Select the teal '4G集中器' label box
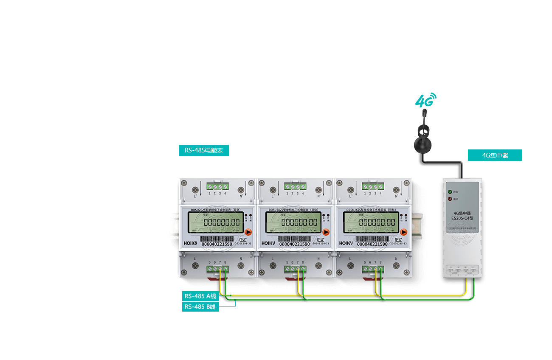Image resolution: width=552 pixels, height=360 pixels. coord(495,155)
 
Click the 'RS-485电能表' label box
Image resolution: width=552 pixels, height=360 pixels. coord(204,150)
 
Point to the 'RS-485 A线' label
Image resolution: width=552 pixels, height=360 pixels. coord(200,296)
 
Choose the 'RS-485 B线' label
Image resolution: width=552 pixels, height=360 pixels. coord(200,307)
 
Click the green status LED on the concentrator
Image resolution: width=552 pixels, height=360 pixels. coord(450,191)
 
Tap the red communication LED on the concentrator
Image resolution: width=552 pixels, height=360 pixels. coord(450,199)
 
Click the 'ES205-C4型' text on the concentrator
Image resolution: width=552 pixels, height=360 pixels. coord(462,218)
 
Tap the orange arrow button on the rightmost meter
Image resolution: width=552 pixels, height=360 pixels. coord(404,232)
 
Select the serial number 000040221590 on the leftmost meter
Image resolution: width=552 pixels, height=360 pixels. coord(217,244)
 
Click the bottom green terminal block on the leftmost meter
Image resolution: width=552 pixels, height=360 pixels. coord(217,269)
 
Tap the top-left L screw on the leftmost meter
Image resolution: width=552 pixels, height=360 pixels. coord(196,190)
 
